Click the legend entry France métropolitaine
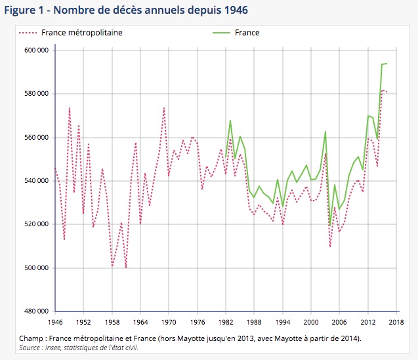81,32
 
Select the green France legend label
247,32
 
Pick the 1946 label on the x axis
56,323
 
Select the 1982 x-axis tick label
226,323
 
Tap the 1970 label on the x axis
169,323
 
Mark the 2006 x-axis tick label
339,323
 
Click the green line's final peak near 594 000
387,64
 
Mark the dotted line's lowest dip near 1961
126,268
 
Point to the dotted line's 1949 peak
70,108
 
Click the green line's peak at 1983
230,121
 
